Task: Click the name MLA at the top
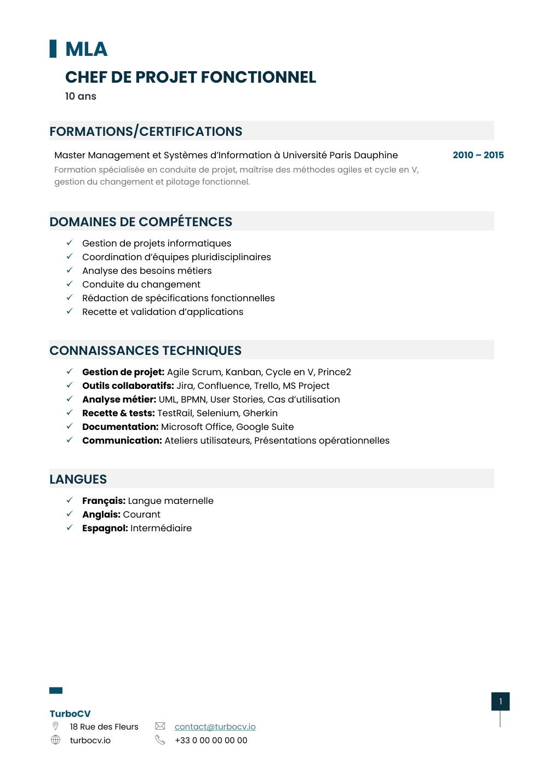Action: [86, 49]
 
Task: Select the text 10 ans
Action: [81, 96]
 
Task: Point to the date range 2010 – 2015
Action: [478, 155]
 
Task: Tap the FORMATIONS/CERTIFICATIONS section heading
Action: [146, 131]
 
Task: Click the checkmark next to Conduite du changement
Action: [70, 284]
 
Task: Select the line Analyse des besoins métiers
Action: [146, 271]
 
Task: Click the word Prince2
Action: [334, 372]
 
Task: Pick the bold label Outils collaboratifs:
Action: [128, 386]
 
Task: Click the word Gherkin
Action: [260, 413]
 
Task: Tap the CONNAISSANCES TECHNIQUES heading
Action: [145, 351]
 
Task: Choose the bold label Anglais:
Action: [101, 514]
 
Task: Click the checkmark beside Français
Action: [70, 500]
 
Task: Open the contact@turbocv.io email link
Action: [215, 727]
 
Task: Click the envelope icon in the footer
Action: [160, 726]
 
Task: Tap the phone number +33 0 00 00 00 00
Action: [211, 741]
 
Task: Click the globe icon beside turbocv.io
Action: [55, 740]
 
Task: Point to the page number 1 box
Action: [500, 701]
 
